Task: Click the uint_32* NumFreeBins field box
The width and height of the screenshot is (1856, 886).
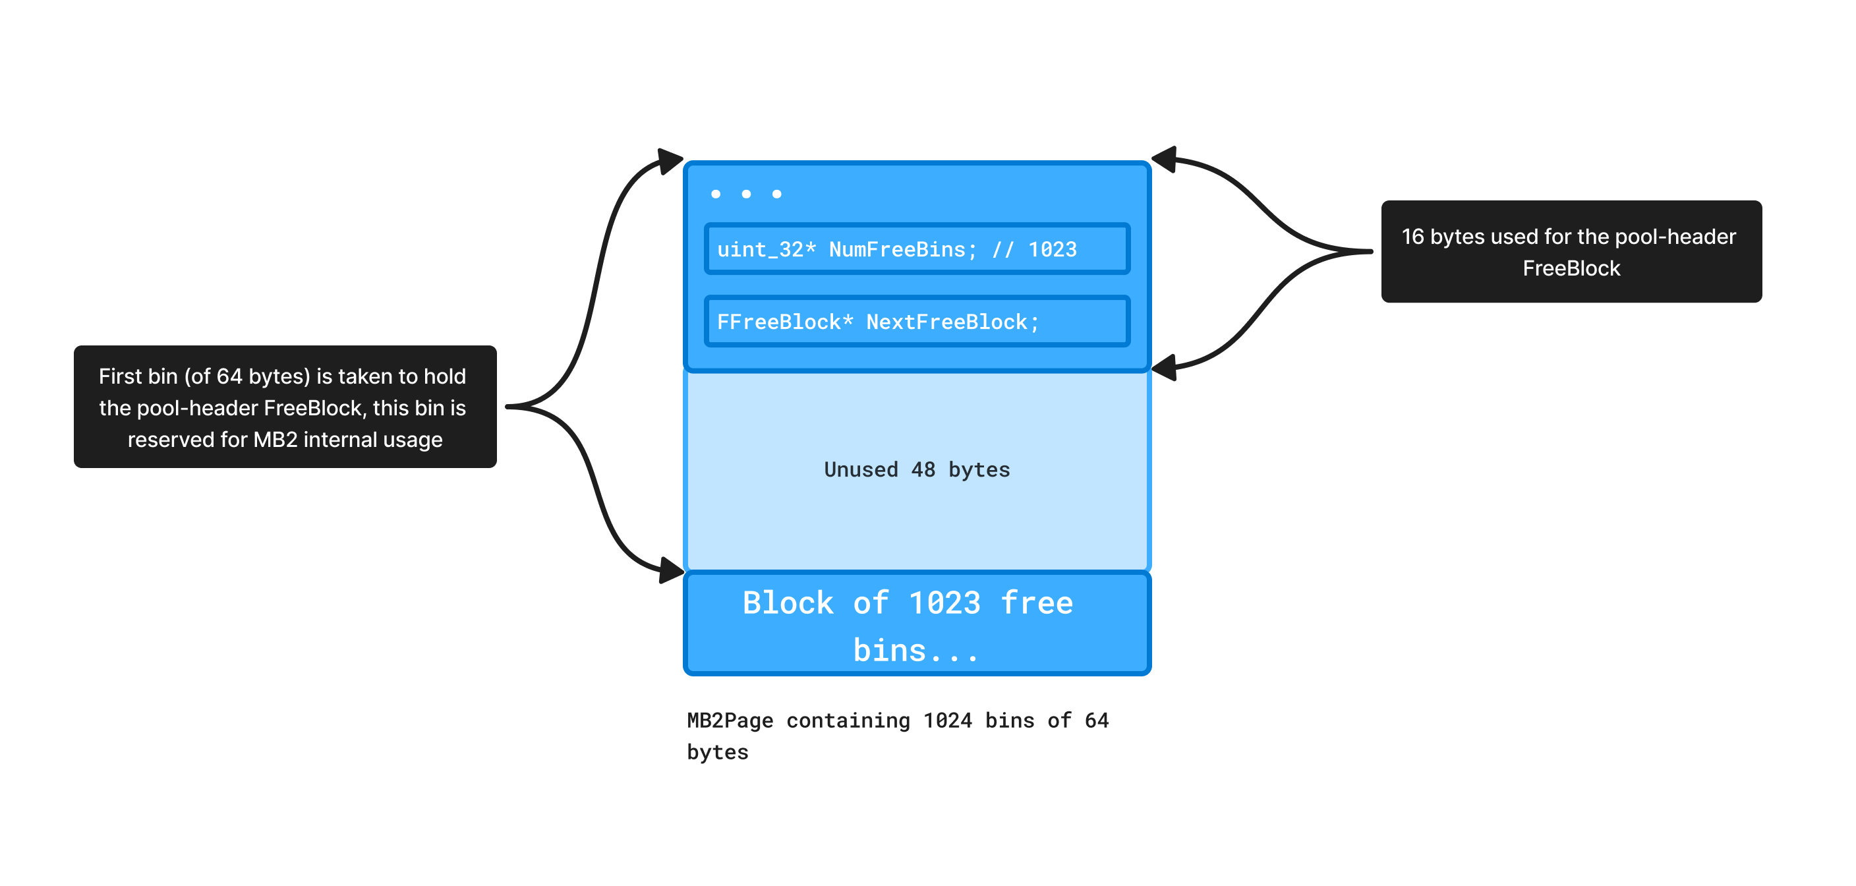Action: [917, 249]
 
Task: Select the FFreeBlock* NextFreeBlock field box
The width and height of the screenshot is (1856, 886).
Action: [917, 322]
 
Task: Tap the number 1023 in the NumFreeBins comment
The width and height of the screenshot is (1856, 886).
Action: [1052, 249]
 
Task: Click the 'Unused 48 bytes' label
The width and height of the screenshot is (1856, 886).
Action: [917, 470]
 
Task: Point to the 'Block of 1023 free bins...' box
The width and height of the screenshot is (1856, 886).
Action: [917, 624]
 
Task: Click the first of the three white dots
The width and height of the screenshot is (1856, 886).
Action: [716, 194]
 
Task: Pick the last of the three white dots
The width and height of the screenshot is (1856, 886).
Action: [776, 194]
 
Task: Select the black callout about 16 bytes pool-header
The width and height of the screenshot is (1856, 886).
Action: [1571, 252]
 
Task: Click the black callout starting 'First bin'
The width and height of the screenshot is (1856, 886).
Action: [285, 407]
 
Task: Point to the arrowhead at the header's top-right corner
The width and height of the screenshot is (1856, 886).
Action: [1163, 159]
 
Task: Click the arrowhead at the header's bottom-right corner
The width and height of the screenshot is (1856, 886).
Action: [1163, 368]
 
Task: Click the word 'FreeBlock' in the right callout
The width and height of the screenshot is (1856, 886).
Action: [1571, 268]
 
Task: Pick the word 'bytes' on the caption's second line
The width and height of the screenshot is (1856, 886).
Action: [718, 752]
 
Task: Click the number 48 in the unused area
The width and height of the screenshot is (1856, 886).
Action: [923, 470]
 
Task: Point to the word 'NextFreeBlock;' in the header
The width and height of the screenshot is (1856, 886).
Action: [952, 322]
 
